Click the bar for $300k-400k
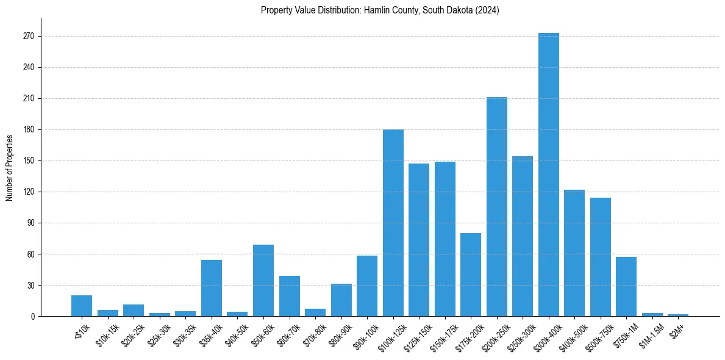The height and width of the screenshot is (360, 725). click(x=548, y=175)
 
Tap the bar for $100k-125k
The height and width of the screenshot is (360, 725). click(x=393, y=223)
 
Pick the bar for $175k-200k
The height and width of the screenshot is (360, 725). click(x=471, y=275)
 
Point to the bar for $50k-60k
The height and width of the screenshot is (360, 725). click(x=263, y=280)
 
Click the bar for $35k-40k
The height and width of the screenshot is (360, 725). click(x=212, y=288)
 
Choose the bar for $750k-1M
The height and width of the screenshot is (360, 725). click(x=626, y=286)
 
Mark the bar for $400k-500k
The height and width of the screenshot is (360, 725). click(x=574, y=253)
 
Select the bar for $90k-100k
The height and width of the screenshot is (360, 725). click(x=367, y=286)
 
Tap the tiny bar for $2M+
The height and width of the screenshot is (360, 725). click(x=678, y=315)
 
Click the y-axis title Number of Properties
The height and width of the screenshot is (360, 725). click(x=10, y=167)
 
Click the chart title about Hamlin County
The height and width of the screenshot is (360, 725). click(x=380, y=10)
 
